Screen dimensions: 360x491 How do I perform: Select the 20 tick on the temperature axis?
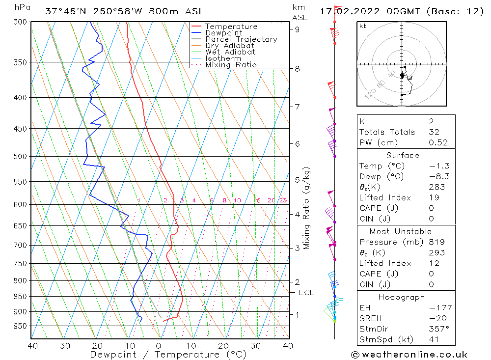pos(223,346)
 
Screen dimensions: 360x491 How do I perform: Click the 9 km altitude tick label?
pos(298,29)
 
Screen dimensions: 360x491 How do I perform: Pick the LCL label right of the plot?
pos(306,293)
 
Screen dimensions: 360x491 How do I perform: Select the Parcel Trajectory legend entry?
pos(241,39)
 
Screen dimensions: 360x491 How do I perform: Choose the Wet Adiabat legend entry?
pos(230,52)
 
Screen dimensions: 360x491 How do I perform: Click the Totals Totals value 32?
pos(434,132)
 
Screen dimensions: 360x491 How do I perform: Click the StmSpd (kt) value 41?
pos(434,339)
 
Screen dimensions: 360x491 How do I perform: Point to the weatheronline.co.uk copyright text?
pos(409,355)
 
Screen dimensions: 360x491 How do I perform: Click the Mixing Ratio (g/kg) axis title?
pos(307,208)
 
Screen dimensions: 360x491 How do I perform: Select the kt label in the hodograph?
pos(363,26)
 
